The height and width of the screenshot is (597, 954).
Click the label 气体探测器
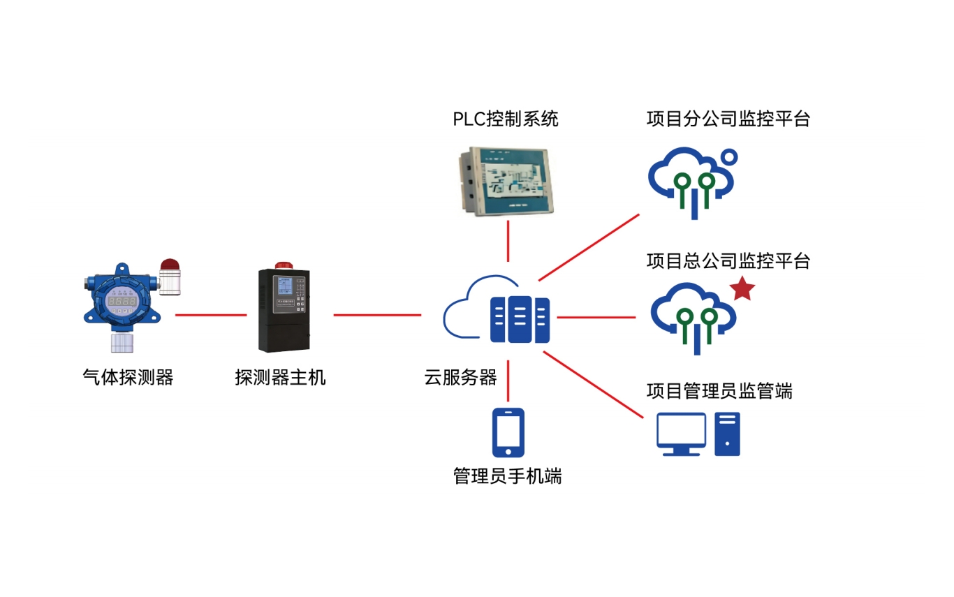click(x=129, y=377)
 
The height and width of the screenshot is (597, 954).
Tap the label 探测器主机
click(x=280, y=377)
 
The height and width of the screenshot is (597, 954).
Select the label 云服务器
click(x=460, y=377)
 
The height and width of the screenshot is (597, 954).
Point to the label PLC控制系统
click(x=506, y=119)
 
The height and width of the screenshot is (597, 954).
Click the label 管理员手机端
click(x=507, y=476)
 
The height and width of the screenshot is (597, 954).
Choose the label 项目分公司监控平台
click(x=728, y=119)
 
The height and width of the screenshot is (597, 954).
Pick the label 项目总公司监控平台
click(x=728, y=261)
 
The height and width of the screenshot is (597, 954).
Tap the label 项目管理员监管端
click(x=719, y=391)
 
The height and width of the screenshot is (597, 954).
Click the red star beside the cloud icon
click(x=742, y=288)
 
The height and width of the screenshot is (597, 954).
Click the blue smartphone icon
click(x=508, y=433)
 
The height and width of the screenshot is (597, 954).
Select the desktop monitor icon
click(x=681, y=434)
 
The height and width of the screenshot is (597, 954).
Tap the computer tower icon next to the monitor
click(x=727, y=434)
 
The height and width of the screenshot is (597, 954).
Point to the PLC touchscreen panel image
click(x=506, y=181)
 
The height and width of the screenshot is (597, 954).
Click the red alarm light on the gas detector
click(x=170, y=264)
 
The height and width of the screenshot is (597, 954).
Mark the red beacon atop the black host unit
click(x=284, y=265)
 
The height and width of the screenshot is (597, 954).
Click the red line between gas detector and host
click(x=211, y=315)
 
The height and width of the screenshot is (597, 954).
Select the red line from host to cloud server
click(x=377, y=315)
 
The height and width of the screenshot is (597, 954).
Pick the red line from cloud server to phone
click(x=508, y=381)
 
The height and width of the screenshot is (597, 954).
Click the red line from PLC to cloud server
click(x=508, y=241)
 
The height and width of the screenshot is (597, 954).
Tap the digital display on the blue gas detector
click(x=122, y=302)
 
